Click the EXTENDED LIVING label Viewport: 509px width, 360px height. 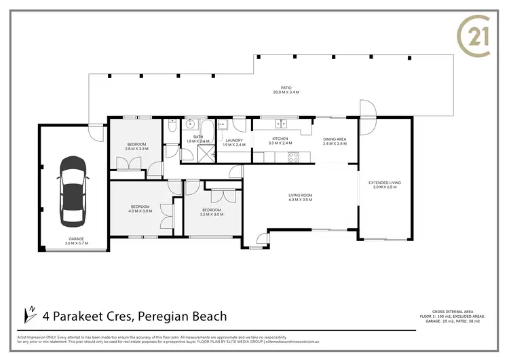pyautogui.click(x=385, y=182)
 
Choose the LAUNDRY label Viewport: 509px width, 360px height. pyautogui.click(x=233, y=140)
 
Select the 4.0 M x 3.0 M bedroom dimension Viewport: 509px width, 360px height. pyautogui.click(x=141, y=211)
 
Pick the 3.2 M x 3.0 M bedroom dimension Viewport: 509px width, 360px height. pyautogui.click(x=212, y=214)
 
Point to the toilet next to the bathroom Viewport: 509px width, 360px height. pyautogui.click(x=172, y=126)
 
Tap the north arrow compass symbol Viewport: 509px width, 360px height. pyautogui.click(x=31, y=314)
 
